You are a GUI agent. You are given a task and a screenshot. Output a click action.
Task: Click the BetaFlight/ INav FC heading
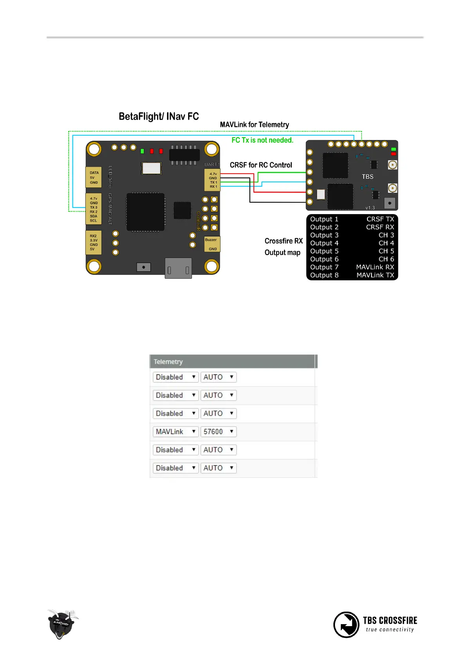tap(159, 116)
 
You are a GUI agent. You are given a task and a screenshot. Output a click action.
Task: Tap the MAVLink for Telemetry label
tap(254, 125)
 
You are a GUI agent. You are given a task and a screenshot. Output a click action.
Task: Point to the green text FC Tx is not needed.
tap(262, 140)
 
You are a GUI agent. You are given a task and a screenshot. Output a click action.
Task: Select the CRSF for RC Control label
tap(261, 165)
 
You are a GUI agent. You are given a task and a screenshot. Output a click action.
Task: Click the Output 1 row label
tap(324, 219)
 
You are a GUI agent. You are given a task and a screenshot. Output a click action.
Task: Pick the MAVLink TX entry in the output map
tap(375, 275)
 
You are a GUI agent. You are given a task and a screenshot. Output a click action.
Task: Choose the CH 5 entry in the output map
tap(386, 251)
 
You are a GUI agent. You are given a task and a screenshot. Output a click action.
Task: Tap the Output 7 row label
tap(324, 267)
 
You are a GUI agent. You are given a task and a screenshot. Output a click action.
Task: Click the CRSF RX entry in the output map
tap(380, 227)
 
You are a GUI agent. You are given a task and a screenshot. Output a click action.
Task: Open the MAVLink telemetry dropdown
tap(176, 432)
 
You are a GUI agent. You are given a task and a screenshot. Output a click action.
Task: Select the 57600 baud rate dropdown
tap(218, 432)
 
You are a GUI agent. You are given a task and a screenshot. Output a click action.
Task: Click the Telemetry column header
tap(168, 361)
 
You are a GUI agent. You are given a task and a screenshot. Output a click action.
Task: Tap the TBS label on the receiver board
tap(367, 177)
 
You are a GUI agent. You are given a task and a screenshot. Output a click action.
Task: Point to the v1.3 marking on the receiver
tap(370, 208)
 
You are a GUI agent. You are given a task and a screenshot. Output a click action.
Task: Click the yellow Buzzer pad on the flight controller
tap(212, 244)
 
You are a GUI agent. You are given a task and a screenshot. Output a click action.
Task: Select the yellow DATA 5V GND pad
tap(94, 177)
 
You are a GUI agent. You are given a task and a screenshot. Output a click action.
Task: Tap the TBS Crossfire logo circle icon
tap(346, 625)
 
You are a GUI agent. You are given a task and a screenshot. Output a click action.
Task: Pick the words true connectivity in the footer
tap(390, 630)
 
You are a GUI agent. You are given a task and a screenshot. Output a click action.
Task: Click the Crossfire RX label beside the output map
tap(283, 241)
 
